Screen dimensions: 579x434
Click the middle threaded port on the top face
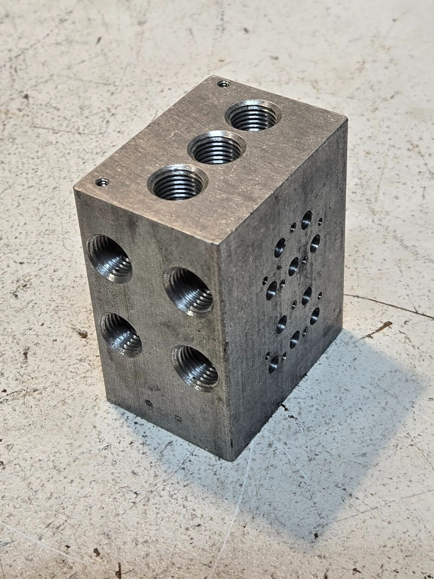coord(217,148)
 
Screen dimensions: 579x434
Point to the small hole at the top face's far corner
coord(223,84)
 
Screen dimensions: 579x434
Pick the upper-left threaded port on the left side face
coord(110,258)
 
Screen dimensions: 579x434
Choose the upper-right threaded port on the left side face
coord(189,291)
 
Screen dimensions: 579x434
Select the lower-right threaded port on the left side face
coord(195,368)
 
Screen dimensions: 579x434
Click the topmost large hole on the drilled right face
coord(306,220)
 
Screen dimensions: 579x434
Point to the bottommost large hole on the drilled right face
coord(274,363)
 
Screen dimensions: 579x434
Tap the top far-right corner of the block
coord(346,120)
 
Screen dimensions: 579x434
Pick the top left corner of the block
coord(75,189)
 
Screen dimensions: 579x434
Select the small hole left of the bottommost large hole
coord(267,356)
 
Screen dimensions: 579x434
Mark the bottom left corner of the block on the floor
coord(110,402)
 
